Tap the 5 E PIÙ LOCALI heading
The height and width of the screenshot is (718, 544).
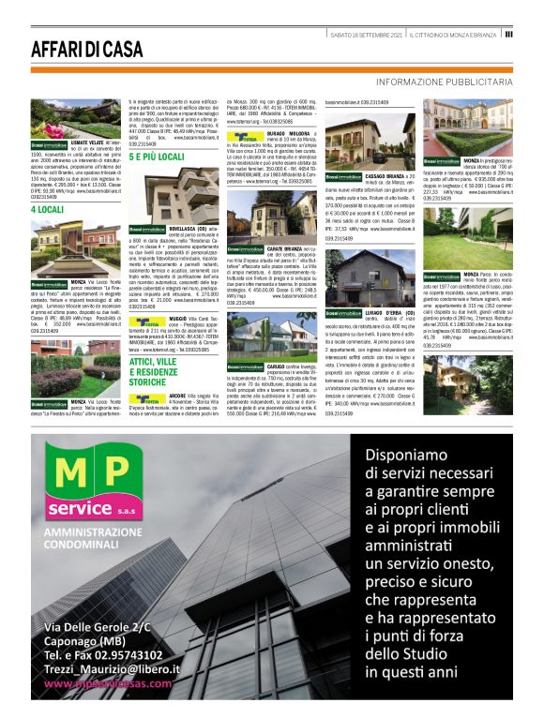[x=157, y=157]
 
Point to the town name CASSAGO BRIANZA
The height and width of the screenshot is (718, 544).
[x=385, y=175]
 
